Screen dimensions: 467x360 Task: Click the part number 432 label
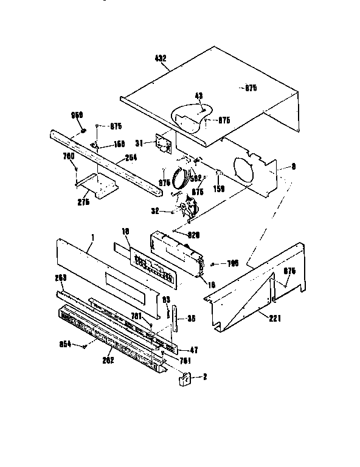[x=161, y=58]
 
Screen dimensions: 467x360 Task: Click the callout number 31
[x=139, y=143]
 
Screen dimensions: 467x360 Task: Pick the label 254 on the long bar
[x=130, y=157]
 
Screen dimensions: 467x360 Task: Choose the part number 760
[x=69, y=156]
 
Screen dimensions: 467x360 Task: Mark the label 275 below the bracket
[x=83, y=202]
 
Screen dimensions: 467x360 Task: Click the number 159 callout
[x=218, y=189]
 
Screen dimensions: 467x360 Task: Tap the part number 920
[x=194, y=235]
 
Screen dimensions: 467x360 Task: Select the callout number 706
[x=232, y=263]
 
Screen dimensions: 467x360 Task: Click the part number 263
[x=60, y=277]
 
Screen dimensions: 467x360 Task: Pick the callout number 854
[x=64, y=344]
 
